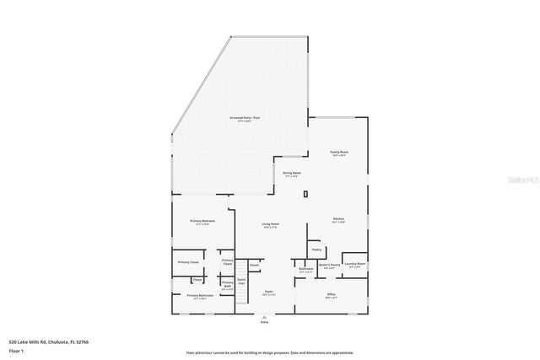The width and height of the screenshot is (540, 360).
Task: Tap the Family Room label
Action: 339,153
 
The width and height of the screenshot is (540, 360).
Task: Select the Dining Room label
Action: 292,173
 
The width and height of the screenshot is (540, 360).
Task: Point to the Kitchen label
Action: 338,219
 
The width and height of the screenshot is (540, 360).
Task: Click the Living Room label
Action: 271,224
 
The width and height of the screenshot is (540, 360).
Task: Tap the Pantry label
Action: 316,250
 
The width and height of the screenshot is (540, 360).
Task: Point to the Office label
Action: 332,294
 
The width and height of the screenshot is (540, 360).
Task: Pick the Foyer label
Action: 268,292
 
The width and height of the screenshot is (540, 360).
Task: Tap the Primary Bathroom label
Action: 200,296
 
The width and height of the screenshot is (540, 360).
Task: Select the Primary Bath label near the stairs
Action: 227,283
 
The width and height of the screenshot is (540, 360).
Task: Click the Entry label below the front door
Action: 264,322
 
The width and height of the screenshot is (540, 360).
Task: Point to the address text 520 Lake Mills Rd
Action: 48,341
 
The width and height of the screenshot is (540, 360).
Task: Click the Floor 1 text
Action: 17,349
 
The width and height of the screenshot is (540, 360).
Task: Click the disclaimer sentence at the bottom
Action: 270,352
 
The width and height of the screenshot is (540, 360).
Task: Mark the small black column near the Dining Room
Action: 306,194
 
